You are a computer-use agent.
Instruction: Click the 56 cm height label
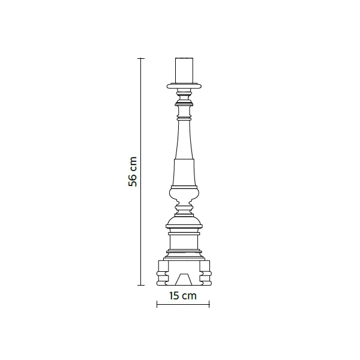point(133,172)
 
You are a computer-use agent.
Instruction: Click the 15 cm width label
point(183,296)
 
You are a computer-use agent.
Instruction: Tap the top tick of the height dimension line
point(141,59)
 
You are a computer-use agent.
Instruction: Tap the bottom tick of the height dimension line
point(141,285)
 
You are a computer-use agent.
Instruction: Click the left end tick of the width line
point(157,304)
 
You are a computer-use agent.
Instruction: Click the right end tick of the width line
point(209,304)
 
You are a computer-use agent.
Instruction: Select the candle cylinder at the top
point(184,70)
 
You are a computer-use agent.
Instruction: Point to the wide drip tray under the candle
point(184,86)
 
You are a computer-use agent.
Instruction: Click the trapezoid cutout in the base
point(184,279)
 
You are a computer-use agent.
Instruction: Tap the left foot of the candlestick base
point(163,273)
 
